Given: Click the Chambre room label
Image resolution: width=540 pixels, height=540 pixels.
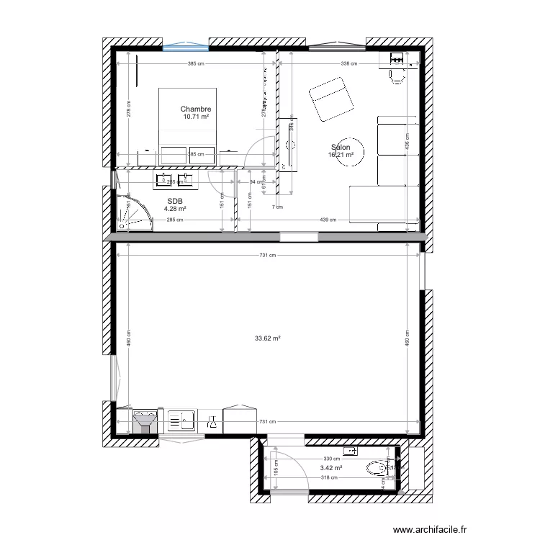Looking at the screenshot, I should click(195, 109).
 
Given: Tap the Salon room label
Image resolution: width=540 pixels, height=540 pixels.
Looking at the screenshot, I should click(341, 145).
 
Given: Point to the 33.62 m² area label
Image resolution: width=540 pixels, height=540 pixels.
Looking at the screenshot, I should click(267, 338).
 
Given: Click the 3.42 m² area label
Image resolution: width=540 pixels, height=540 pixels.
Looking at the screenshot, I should click(331, 467).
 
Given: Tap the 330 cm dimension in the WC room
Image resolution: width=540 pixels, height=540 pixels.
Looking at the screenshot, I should click(330, 459).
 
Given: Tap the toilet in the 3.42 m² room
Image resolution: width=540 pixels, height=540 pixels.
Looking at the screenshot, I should click(377, 470).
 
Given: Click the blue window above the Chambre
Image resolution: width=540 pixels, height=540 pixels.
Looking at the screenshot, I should click(186, 48).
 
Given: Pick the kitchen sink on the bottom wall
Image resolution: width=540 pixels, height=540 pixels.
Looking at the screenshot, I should click(183, 420).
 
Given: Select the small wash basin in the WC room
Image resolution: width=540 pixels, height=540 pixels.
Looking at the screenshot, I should click(352, 451).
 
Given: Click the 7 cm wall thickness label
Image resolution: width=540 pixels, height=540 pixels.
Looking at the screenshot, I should click(277, 207).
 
